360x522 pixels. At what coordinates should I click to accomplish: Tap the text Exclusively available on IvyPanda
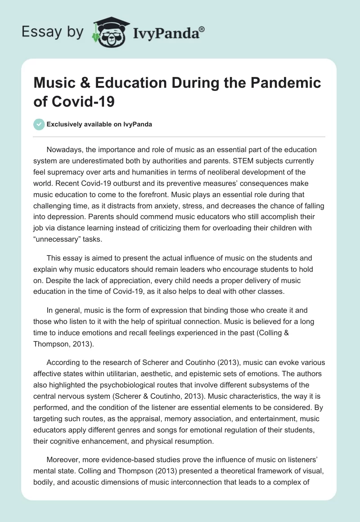(99, 124)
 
